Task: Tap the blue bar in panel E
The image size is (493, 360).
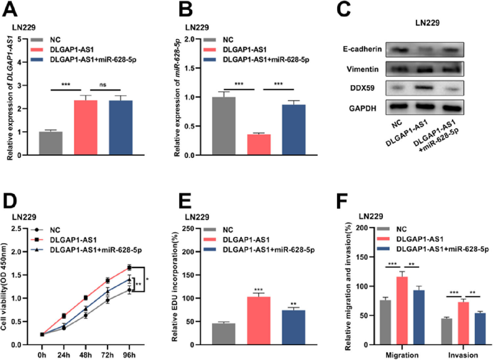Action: [293, 327]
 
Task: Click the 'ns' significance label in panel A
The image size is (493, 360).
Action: [103, 85]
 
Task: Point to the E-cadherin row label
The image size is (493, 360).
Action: [362, 49]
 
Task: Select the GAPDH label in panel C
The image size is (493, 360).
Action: [363, 108]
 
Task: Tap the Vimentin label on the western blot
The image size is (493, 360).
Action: [363, 69]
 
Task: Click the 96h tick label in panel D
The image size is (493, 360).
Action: [129, 355]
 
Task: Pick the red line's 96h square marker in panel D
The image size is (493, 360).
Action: [129, 268]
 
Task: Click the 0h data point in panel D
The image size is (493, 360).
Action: [42, 334]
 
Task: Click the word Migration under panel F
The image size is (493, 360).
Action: [402, 355]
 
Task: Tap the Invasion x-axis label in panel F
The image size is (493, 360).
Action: [463, 355]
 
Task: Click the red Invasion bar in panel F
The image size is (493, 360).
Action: [463, 323]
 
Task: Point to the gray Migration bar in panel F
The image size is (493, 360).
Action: [385, 322]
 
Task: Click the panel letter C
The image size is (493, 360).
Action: [344, 9]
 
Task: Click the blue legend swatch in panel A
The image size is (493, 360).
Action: [37, 60]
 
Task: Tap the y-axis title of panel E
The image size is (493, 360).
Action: [175, 286]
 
